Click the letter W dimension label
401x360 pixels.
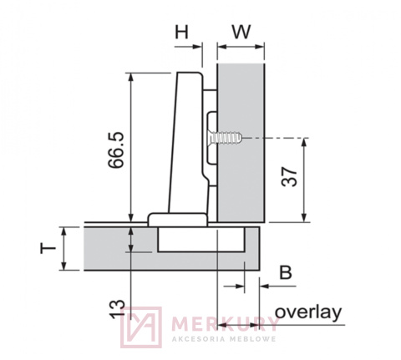point(241,33)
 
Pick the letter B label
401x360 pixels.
point(285,271)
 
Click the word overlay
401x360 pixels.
point(308,312)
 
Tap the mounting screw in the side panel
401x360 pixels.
point(226,135)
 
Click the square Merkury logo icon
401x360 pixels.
point(141,327)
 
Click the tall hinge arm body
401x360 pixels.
point(188,142)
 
